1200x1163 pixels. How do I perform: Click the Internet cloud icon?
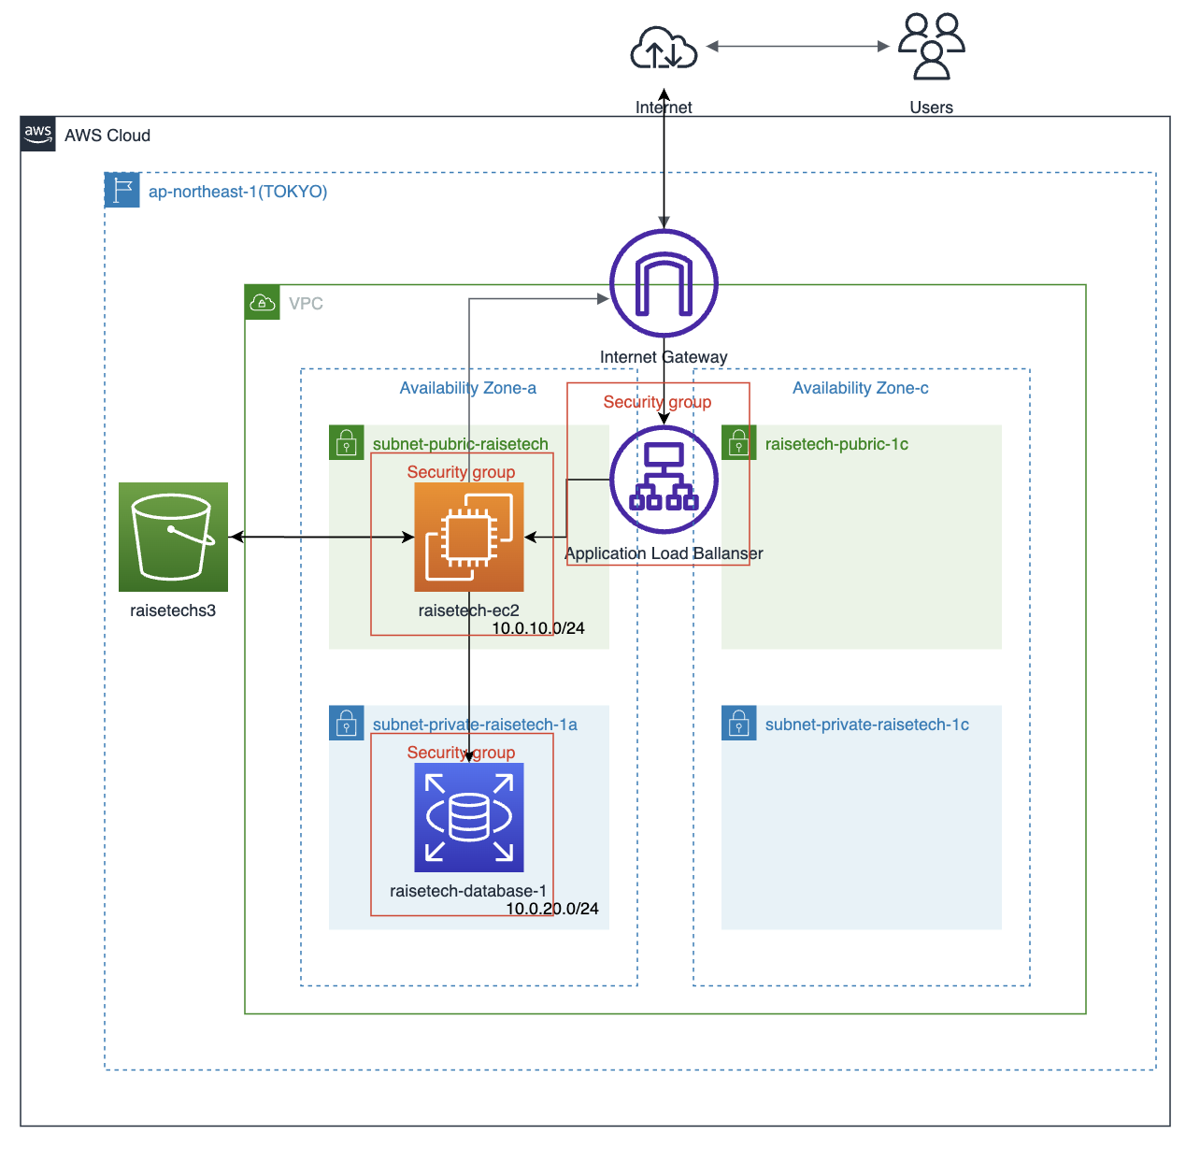tap(664, 48)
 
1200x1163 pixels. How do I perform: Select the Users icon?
tap(931, 46)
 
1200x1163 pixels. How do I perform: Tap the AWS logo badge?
tap(38, 134)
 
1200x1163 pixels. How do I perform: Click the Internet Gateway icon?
tap(664, 283)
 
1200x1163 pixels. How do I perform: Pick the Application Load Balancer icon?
tap(664, 480)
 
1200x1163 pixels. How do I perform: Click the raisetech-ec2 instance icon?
tap(469, 537)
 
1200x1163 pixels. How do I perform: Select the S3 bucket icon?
tap(173, 537)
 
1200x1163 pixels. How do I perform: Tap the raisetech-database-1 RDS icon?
tap(469, 817)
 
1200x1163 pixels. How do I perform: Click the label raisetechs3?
tap(173, 610)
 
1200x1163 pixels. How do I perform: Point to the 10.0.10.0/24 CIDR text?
tap(538, 628)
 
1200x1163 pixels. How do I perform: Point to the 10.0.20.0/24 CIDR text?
tap(552, 909)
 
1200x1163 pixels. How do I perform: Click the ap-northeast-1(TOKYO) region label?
tap(237, 192)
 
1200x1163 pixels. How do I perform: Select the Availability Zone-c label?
tap(860, 388)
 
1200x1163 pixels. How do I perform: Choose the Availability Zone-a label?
tap(467, 388)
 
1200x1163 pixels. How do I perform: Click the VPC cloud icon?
tap(263, 302)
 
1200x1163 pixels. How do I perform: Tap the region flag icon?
tap(122, 190)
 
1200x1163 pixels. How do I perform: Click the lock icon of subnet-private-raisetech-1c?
tap(739, 723)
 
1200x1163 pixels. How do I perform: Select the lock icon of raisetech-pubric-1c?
tap(739, 442)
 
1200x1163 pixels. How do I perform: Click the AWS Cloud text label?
tap(107, 136)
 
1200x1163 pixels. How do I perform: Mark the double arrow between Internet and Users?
tap(797, 46)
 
